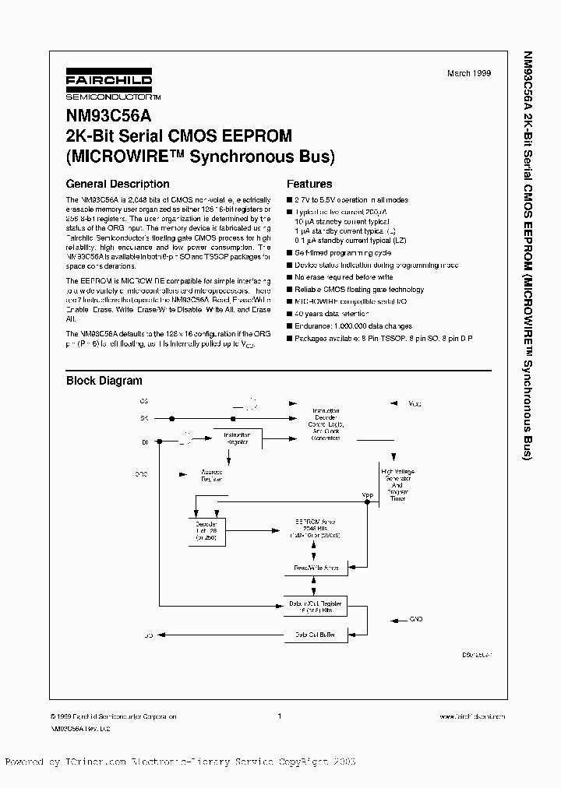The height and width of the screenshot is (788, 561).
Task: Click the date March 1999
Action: pyautogui.click(x=469, y=73)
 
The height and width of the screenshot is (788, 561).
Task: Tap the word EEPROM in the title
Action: pyautogui.click(x=262, y=135)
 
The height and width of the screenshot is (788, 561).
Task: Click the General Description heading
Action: pyautogui.click(x=118, y=185)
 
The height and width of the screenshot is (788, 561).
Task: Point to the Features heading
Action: pyautogui.click(x=309, y=185)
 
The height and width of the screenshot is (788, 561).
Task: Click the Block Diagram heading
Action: pyautogui.click(x=104, y=381)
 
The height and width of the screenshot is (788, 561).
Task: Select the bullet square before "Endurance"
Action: pyautogui.click(x=289, y=326)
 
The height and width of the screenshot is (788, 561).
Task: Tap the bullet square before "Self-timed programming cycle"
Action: pyautogui.click(x=289, y=253)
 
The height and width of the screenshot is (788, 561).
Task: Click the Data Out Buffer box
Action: pyautogui.click(x=315, y=635)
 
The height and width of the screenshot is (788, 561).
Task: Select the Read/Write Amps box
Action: pyautogui.click(x=315, y=568)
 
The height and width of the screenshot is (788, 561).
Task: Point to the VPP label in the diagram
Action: pyautogui.click(x=367, y=494)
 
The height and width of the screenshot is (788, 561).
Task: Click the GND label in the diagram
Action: pyautogui.click(x=415, y=619)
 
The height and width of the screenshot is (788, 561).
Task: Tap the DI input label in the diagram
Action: pyautogui.click(x=144, y=441)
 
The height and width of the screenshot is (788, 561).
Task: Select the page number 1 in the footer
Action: pyautogui.click(x=279, y=716)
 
